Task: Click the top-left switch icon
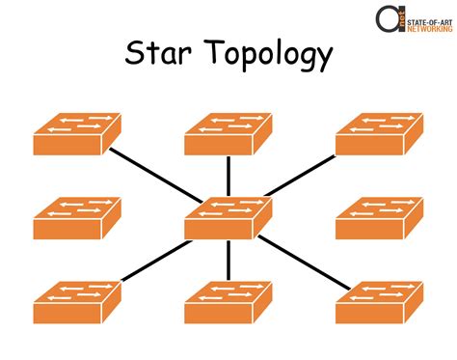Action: pos(76,134)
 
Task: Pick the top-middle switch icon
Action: pos(227,134)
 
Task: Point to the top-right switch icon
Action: pos(378,134)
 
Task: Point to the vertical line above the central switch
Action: pos(228,175)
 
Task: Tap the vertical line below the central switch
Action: pos(228,261)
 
